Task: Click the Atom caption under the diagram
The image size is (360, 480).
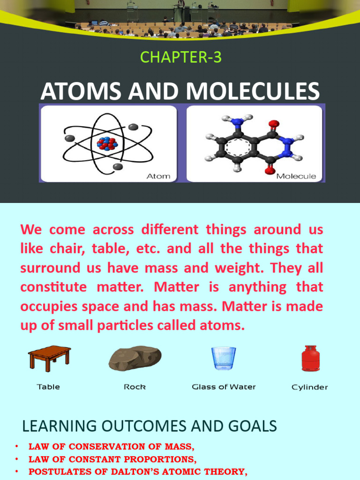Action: (x=159, y=176)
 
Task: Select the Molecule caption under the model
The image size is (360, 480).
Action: (x=296, y=176)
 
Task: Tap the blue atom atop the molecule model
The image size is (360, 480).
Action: (x=238, y=122)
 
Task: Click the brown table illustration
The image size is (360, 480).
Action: (x=49, y=358)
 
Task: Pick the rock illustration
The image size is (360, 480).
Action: (x=135, y=359)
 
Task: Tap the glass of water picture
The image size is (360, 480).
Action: (x=224, y=358)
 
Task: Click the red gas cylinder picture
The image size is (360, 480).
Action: (x=310, y=358)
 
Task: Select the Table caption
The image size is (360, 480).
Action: (x=48, y=387)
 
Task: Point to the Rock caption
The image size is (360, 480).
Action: (x=135, y=387)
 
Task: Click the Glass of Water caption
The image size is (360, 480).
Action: (x=224, y=387)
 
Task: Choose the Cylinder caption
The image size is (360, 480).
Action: (x=310, y=388)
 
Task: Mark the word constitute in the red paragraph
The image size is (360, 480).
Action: (x=53, y=287)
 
